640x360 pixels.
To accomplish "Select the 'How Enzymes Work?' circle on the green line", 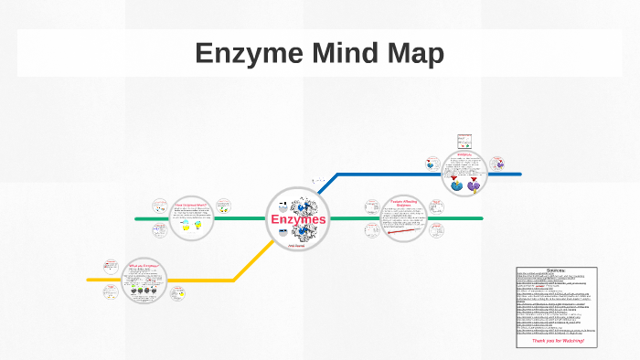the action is coord(191,218).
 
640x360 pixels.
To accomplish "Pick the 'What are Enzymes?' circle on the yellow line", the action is coord(144,280).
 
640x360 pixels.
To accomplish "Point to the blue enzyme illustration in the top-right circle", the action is coord(456,185).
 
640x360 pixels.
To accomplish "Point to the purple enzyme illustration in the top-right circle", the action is coord(474,185).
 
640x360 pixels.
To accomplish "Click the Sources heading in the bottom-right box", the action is coord(555,270).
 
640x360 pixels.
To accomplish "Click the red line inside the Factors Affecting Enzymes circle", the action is coord(404,229).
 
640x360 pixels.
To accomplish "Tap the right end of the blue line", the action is coord(519,174).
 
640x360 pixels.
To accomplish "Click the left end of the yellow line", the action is coord(89,280).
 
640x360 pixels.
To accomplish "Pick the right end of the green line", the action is coord(481,219).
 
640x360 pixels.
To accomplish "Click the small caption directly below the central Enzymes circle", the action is coord(296,247).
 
